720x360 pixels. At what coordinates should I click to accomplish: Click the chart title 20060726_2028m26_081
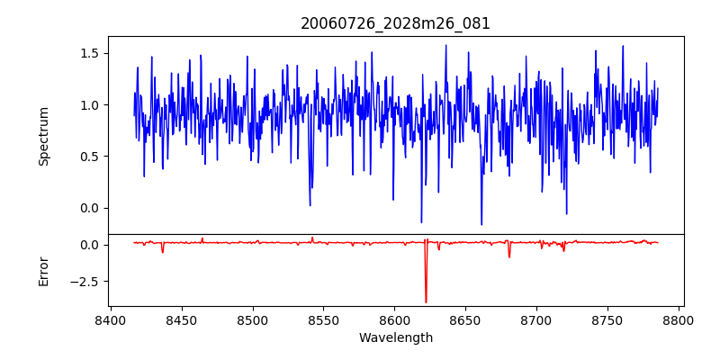[395, 23]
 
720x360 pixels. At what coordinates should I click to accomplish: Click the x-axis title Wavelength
[395, 337]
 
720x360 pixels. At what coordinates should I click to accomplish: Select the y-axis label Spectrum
[44, 135]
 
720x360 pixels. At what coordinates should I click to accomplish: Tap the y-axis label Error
[44, 270]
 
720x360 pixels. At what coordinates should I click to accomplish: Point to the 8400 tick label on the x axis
[110, 320]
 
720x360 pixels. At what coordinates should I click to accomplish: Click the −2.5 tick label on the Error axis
[83, 281]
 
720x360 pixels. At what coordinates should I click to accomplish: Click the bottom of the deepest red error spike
[426, 302]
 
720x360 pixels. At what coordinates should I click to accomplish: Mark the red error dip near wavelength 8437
[163, 252]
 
